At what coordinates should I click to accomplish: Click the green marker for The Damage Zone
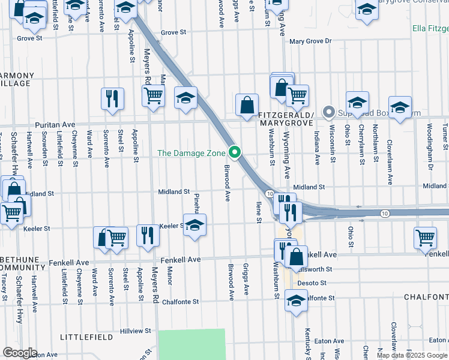pos(235,153)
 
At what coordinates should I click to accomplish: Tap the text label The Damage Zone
pos(191,153)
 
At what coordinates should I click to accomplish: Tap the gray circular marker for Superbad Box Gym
pos(328,112)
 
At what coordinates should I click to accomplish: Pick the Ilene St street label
pos(259,212)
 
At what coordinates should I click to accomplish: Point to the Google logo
pos(20,353)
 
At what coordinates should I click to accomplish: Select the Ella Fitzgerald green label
pos(430,28)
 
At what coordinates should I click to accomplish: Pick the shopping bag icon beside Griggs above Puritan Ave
pos(247,106)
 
